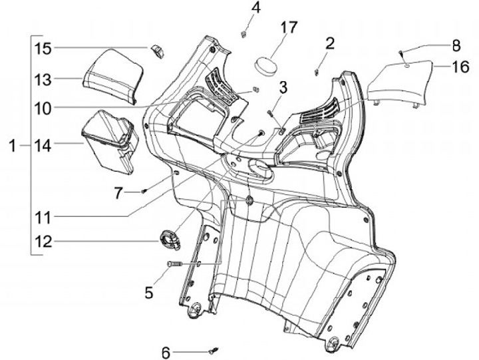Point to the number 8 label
click(x=456, y=46)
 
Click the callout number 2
click(x=330, y=44)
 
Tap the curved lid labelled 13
click(x=112, y=75)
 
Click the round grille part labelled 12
click(x=170, y=238)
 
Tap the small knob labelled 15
click(x=158, y=50)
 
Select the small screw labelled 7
click(x=144, y=191)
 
